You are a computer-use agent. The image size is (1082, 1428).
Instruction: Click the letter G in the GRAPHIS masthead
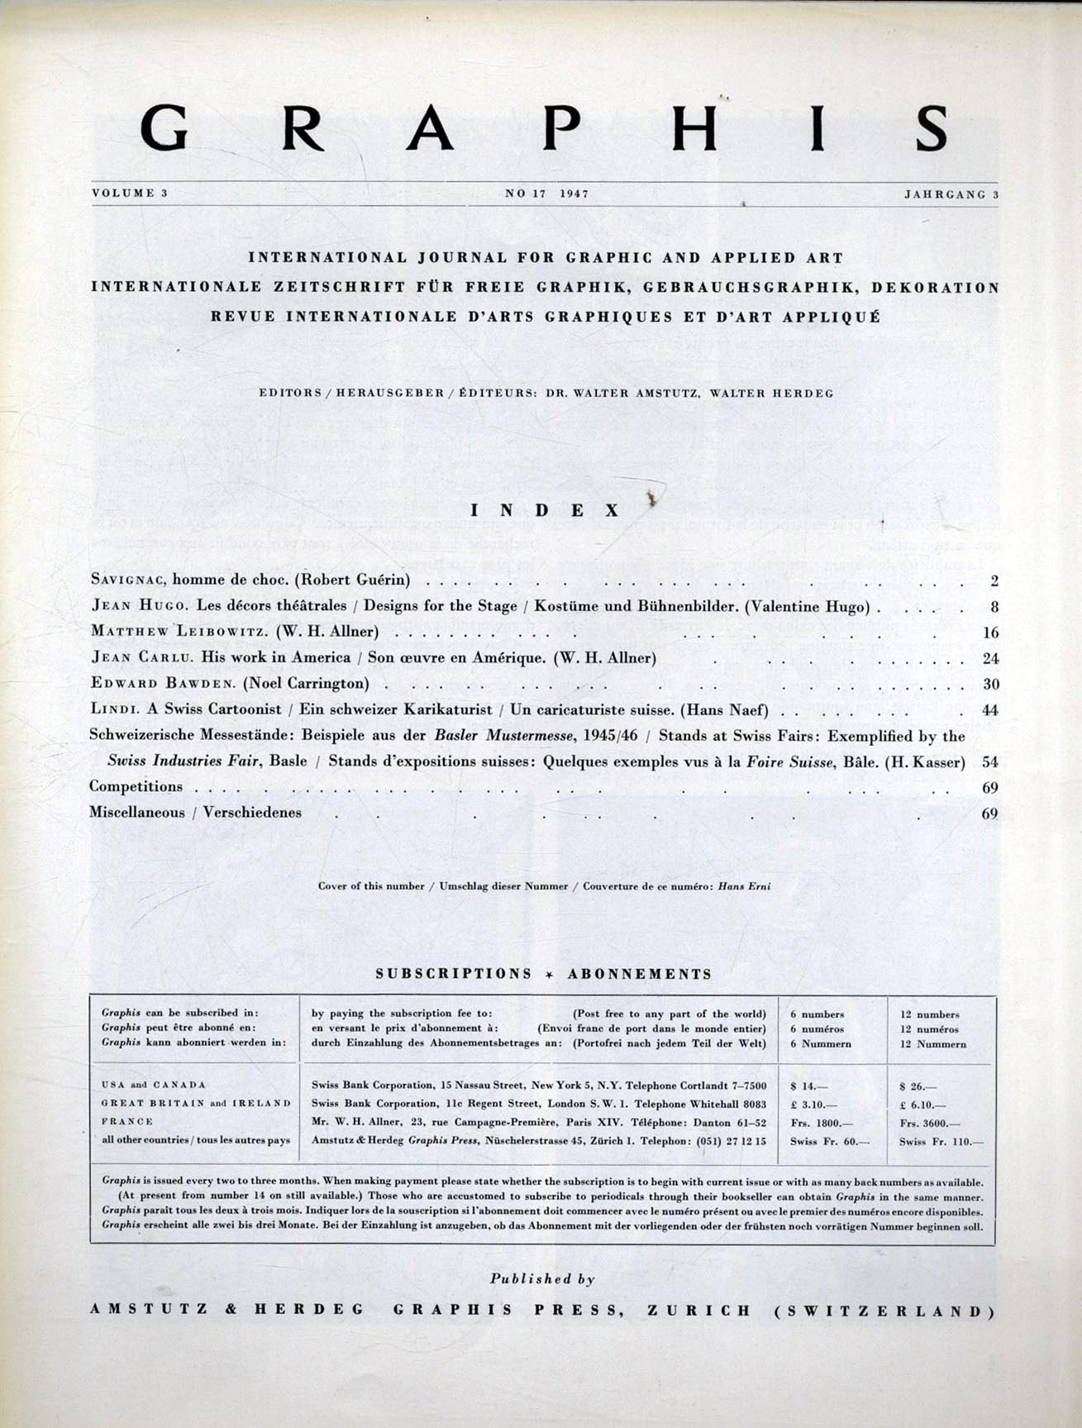point(163,128)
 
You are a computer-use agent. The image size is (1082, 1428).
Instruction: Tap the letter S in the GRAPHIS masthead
point(932,128)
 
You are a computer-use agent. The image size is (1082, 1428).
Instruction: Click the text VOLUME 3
point(130,193)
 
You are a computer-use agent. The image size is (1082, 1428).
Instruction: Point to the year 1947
point(574,193)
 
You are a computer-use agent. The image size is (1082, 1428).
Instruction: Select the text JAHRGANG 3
point(951,194)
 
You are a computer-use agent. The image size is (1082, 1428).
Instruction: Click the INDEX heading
point(545,511)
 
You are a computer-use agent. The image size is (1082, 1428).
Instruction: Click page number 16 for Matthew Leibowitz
point(990,633)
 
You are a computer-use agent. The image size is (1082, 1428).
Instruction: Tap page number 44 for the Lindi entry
point(989,710)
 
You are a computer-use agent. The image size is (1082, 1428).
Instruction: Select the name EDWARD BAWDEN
point(141,684)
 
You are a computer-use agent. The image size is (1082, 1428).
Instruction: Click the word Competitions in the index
point(136,786)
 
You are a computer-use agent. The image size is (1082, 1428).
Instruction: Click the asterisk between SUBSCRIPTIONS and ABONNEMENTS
point(550,975)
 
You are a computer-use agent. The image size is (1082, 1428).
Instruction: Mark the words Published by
point(542,1279)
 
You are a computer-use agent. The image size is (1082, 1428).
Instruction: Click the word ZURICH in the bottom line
point(699,1311)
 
